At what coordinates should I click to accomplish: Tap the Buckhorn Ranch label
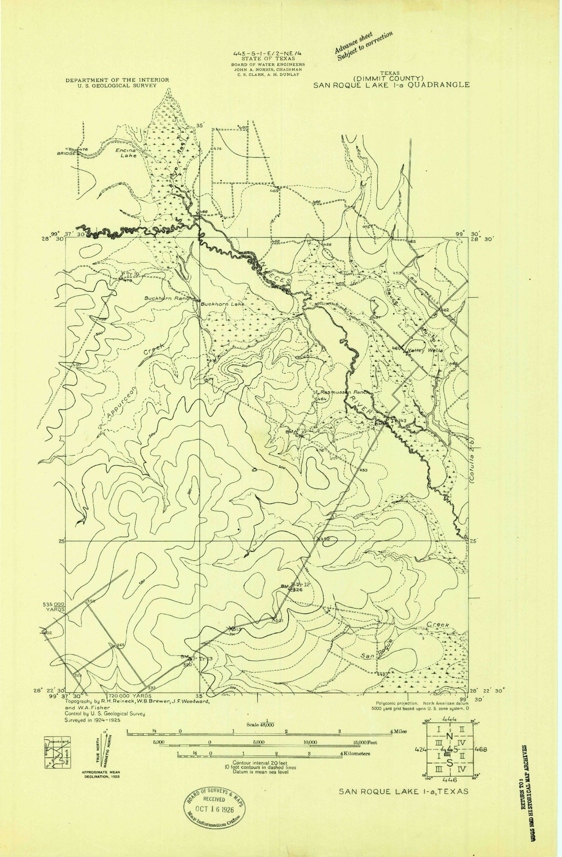(x=168, y=298)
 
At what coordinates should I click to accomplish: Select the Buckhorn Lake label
(x=222, y=304)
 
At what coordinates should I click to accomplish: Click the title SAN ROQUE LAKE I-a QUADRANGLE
(x=392, y=85)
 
